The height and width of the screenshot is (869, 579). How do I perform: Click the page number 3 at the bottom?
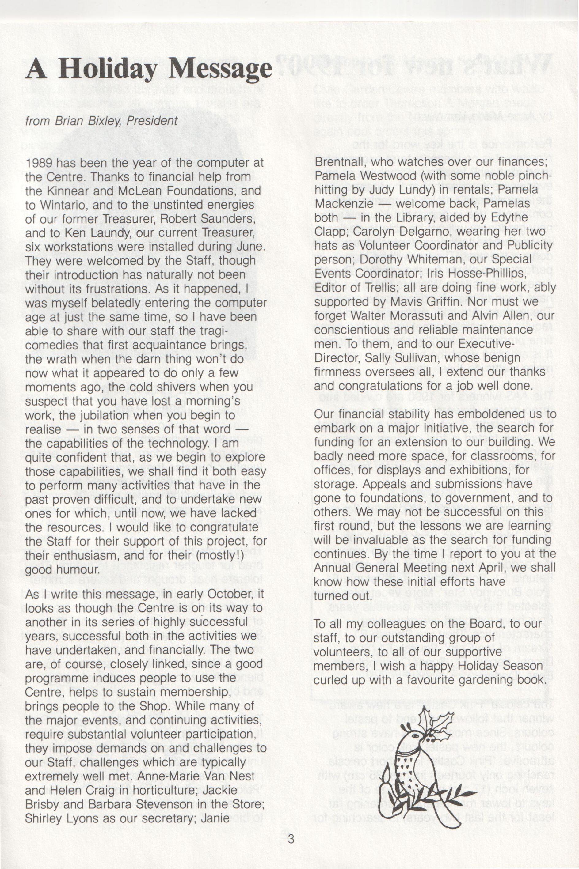291,848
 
